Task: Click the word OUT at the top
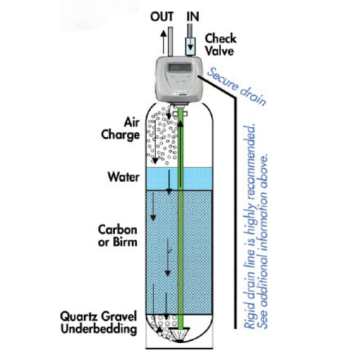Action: click(x=160, y=16)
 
